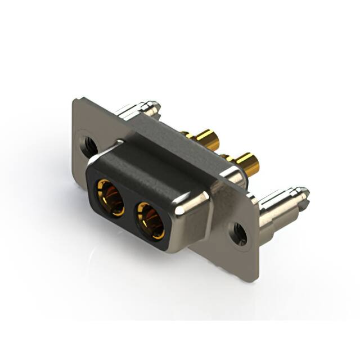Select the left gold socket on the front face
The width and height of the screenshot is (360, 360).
[110, 197]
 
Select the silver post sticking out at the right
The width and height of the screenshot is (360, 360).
[281, 203]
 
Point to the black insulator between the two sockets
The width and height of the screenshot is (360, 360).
[130, 209]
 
